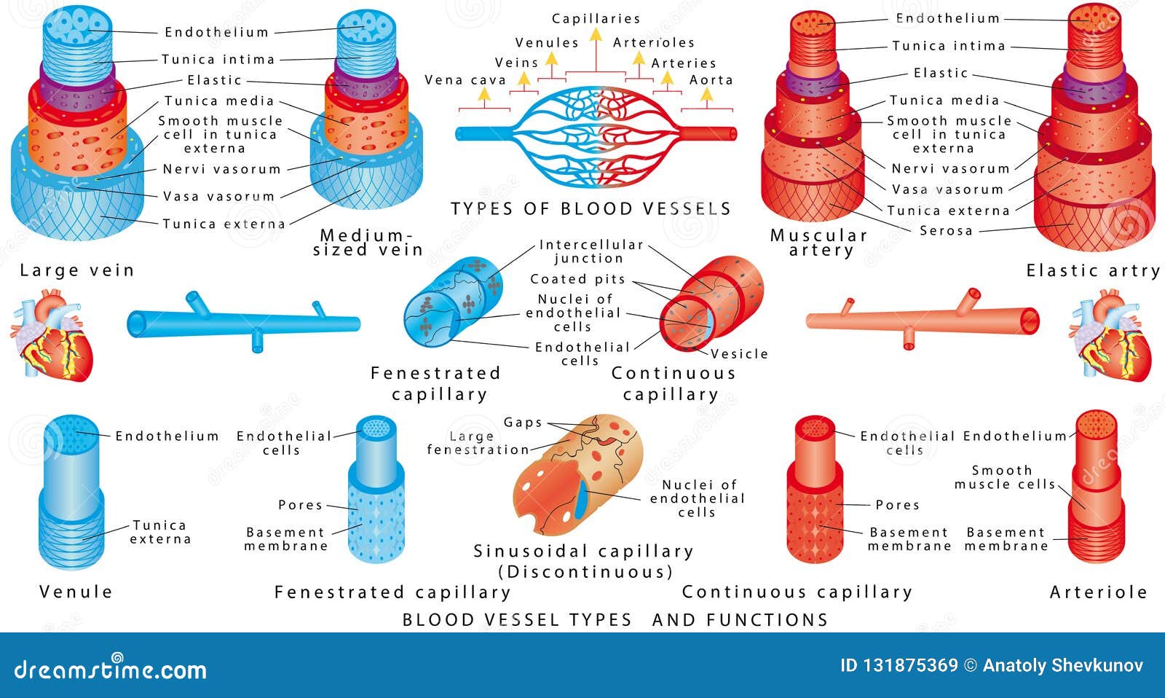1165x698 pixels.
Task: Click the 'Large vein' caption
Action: [77, 270]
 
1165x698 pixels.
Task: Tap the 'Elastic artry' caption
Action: [1093, 271]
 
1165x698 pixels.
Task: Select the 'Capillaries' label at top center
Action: [596, 19]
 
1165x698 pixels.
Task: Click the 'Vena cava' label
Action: [465, 80]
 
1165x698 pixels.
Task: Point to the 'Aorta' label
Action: [711, 80]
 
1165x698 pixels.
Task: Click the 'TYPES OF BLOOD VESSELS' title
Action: [591, 209]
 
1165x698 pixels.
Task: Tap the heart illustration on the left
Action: [52, 334]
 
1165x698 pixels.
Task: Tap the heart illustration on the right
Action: [1110, 334]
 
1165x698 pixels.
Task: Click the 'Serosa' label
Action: [946, 231]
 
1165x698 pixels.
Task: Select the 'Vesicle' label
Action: [739, 354]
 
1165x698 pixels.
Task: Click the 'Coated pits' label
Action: [577, 279]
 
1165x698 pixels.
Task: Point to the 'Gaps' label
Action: [523, 423]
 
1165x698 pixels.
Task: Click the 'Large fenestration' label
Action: [477, 443]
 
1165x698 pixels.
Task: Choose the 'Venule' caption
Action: [76, 592]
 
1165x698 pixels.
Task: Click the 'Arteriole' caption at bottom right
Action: [1098, 592]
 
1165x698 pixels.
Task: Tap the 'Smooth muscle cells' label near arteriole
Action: [1004, 477]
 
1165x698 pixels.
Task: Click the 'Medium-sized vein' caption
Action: [368, 243]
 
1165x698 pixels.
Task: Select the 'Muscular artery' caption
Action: [820, 243]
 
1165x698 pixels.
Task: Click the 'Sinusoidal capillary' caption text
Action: [583, 552]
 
